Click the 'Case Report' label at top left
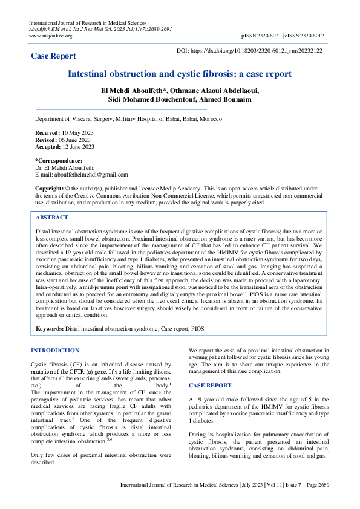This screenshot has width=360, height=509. click(x=53, y=56)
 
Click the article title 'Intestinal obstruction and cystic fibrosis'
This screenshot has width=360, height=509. click(x=179, y=74)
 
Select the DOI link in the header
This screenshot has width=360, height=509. click(x=249, y=51)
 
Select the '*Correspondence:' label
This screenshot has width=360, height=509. click(x=59, y=160)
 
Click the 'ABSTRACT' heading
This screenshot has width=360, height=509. click(x=52, y=218)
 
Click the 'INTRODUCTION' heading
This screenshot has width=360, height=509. click(x=55, y=351)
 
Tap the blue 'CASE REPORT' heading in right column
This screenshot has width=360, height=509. click(x=210, y=385)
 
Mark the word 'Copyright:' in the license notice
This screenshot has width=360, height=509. click(x=49, y=189)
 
